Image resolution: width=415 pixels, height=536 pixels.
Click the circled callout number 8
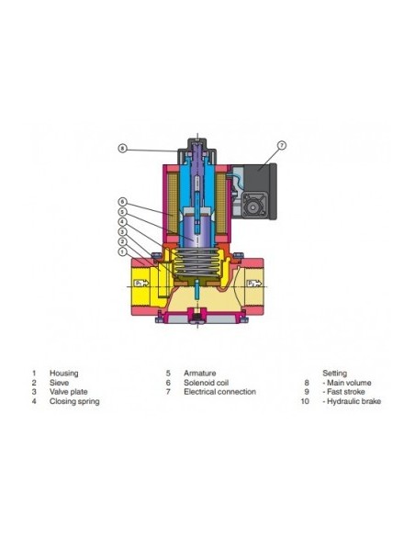click(122, 149)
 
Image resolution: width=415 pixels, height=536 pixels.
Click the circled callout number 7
click(282, 145)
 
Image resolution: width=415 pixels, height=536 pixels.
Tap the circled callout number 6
click(122, 202)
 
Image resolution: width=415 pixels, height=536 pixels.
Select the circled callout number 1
click(122, 251)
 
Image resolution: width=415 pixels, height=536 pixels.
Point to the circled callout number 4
click(122, 222)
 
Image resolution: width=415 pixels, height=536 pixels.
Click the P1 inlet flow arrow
click(141, 283)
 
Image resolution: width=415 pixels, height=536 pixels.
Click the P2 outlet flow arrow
click(254, 284)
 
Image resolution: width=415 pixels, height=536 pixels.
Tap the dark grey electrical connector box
click(258, 191)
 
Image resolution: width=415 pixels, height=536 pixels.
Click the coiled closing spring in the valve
click(196, 262)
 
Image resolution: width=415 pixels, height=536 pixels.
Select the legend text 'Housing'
click(64, 373)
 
